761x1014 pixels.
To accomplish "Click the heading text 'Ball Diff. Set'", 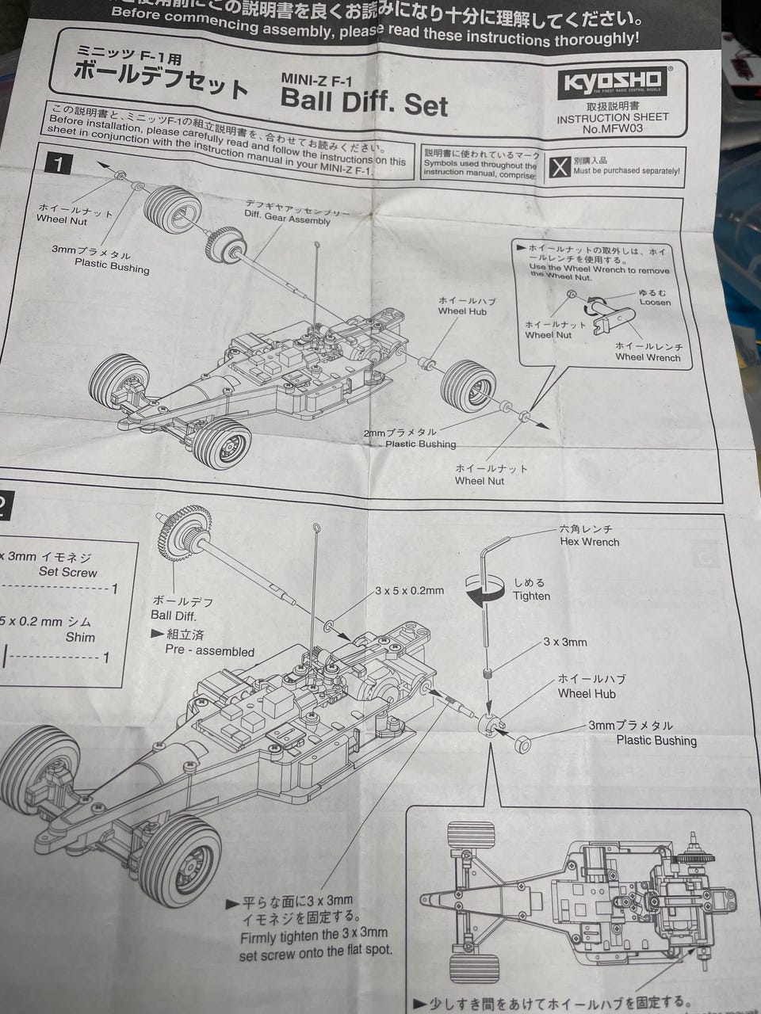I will tap(364, 102).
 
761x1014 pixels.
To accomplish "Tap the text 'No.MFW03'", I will tap(612, 128).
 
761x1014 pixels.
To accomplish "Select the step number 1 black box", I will tap(59, 164).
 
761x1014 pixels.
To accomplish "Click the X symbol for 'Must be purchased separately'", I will tap(560, 167).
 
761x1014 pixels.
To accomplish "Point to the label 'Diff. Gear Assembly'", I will tap(287, 219).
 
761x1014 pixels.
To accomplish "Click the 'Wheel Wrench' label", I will tap(648, 357).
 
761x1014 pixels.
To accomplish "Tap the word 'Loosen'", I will tap(655, 302).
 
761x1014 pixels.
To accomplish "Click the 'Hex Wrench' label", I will tap(589, 542).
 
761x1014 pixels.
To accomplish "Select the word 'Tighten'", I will tap(531, 596).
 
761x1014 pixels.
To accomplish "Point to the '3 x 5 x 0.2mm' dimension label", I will tap(409, 590).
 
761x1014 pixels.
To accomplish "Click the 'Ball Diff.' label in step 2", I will tap(173, 615).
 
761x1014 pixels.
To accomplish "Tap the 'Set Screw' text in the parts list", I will tap(68, 572).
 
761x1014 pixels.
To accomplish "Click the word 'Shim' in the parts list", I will tap(80, 637).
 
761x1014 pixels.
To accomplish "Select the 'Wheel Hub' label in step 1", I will tap(462, 311).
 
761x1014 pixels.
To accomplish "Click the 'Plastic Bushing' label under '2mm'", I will tap(420, 444).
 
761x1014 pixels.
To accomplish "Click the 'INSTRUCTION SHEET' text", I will tap(612, 117).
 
